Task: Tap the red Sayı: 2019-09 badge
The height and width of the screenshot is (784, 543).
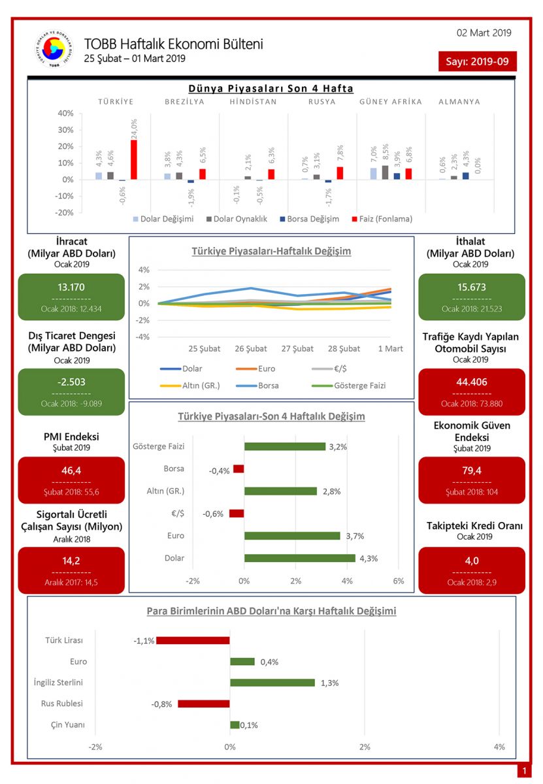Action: (477, 61)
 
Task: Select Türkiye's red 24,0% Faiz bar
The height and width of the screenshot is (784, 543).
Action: (134, 159)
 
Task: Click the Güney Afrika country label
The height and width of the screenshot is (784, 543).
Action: (390, 102)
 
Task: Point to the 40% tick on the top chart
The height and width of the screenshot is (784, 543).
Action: (65, 113)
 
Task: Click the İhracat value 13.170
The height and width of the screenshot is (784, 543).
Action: (71, 287)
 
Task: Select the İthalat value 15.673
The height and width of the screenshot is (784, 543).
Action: (471, 287)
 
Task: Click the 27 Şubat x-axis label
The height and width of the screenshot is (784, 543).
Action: (297, 349)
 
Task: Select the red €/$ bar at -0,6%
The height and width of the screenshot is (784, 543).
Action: (237, 514)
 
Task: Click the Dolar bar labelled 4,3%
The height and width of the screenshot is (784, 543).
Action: (299, 559)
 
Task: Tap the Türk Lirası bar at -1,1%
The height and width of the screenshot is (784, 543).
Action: (193, 640)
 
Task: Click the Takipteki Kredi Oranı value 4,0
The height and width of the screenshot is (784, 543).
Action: (471, 561)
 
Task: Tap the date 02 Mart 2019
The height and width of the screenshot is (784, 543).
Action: (484, 33)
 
